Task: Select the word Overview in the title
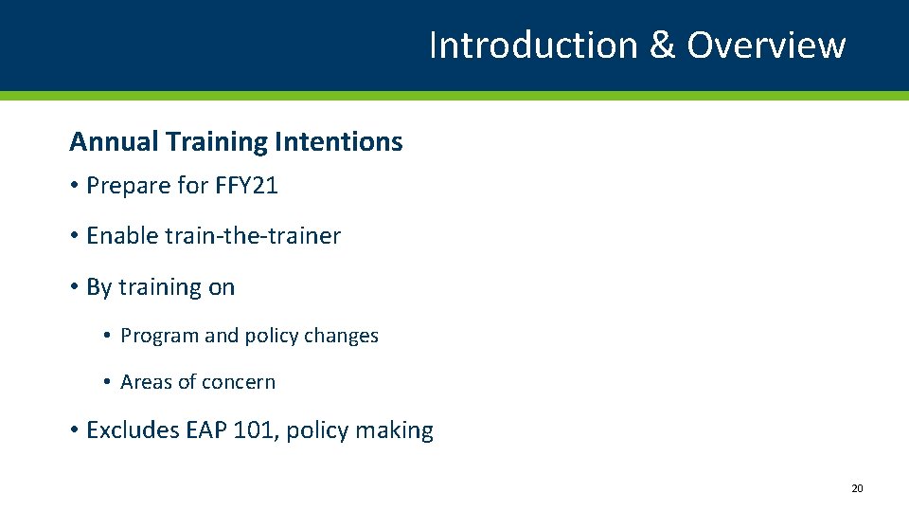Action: click(x=766, y=45)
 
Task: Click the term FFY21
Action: click(x=248, y=186)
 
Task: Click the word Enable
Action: click(x=122, y=236)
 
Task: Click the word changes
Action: click(x=343, y=336)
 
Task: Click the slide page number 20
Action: click(x=857, y=488)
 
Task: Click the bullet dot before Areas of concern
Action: click(x=108, y=383)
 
